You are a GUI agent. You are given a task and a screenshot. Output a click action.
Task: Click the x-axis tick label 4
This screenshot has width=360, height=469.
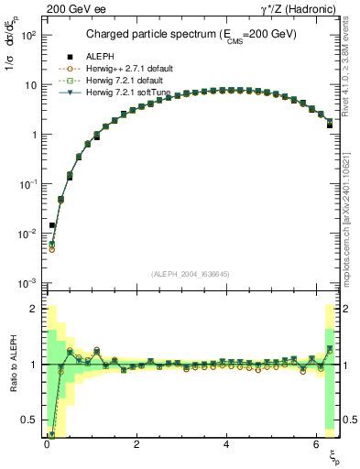click(226, 444)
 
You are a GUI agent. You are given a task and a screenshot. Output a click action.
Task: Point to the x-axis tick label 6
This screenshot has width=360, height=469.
click(315, 444)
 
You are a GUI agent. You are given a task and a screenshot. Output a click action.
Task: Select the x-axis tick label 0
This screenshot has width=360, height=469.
click(47, 444)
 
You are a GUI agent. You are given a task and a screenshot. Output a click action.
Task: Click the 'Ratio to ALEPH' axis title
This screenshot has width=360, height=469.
click(14, 365)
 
